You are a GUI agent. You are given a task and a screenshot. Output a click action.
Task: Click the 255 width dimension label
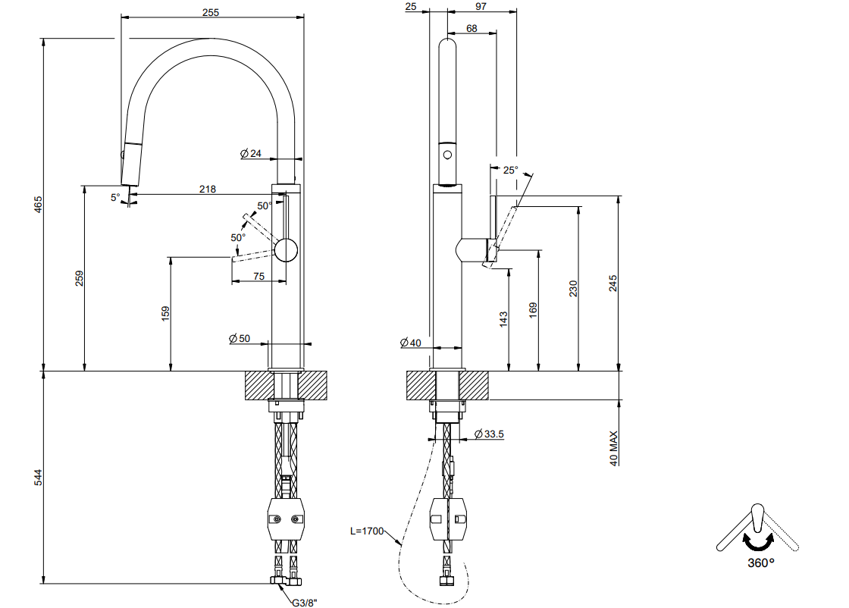[211, 12]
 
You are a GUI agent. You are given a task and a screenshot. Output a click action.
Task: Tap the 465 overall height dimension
[38, 205]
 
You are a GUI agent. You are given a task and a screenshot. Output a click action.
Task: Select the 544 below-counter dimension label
[38, 477]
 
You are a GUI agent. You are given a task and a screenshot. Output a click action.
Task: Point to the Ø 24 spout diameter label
[251, 154]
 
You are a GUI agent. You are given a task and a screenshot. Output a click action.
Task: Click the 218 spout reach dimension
[208, 189]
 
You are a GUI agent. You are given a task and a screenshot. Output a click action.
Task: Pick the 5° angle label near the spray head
[115, 198]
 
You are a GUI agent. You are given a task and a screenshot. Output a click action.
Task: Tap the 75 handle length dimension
[258, 276]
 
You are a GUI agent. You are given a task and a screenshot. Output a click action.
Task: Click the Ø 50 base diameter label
[240, 338]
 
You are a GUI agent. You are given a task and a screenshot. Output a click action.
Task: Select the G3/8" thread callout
[304, 601]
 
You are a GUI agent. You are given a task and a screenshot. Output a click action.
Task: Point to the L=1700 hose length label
[367, 531]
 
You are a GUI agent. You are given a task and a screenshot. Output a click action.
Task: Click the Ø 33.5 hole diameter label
[489, 434]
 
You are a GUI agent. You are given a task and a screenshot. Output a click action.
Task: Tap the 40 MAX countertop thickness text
[613, 448]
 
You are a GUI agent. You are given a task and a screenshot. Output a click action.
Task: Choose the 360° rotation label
[761, 563]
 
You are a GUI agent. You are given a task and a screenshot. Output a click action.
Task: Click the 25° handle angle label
[510, 170]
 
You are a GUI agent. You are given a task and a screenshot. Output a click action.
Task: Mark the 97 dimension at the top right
[481, 7]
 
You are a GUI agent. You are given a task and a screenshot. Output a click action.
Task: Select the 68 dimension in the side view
[471, 28]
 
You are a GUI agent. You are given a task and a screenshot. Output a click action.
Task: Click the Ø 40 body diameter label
[410, 343]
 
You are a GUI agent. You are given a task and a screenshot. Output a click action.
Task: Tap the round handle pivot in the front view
[286, 250]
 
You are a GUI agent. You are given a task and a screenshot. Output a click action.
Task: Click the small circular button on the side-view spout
[447, 155]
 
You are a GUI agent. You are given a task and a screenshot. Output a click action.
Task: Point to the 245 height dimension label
[612, 284]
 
